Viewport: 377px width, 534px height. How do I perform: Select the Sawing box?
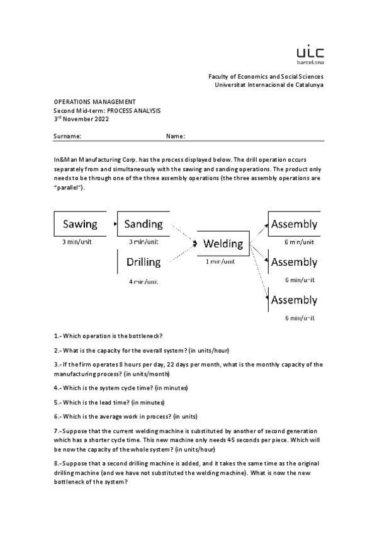pos(80,224)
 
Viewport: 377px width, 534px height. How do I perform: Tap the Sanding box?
pos(143,224)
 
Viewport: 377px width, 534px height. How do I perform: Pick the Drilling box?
pos(143,261)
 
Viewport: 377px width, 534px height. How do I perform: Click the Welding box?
pos(223,244)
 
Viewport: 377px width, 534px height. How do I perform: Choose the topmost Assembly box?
pos(294,224)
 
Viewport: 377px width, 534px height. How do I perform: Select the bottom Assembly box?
pos(294,300)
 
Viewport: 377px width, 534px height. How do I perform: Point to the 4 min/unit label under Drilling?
pos(143,281)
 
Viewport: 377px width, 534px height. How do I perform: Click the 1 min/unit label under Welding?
pos(220,261)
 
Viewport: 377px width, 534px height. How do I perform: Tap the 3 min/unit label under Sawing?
pos(77,242)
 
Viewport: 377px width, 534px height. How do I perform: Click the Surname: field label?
pos(67,136)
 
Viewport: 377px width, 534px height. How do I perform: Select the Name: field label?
pos(175,136)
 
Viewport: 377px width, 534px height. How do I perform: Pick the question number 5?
pos(57,402)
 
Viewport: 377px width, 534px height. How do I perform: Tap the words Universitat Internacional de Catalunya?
pos(269,84)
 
